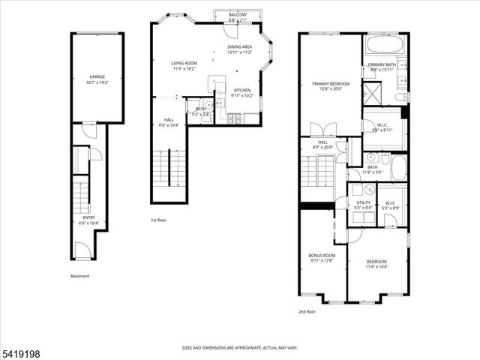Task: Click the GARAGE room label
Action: [97, 76]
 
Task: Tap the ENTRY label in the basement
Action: [89, 218]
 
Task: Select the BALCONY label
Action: [237, 14]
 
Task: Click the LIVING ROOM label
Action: [183, 64]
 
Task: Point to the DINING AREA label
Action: [239, 46]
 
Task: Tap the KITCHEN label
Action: [241, 91]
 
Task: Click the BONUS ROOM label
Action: [322, 256]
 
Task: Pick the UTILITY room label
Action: [364, 202]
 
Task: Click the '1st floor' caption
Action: [158, 220]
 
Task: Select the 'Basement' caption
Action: [80, 276]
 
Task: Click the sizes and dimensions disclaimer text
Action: [239, 347]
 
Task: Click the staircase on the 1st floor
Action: [167, 169]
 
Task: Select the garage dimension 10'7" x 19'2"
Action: [97, 82]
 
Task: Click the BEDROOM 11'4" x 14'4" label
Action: [376, 263]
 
